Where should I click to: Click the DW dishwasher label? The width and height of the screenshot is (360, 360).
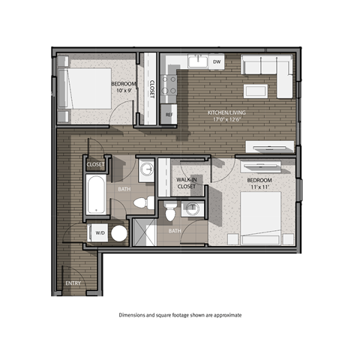(216, 62)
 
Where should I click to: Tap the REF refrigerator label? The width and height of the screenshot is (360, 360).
(169, 115)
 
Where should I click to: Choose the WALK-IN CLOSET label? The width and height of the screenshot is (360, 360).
(187, 184)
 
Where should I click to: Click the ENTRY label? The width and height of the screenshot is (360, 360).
(73, 283)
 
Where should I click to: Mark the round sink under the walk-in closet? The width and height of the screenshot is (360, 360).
(193, 209)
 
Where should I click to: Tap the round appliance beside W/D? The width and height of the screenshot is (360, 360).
(118, 233)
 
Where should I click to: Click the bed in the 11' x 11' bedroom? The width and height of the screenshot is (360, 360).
(259, 217)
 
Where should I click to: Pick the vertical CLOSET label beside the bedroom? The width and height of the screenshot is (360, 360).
(151, 89)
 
